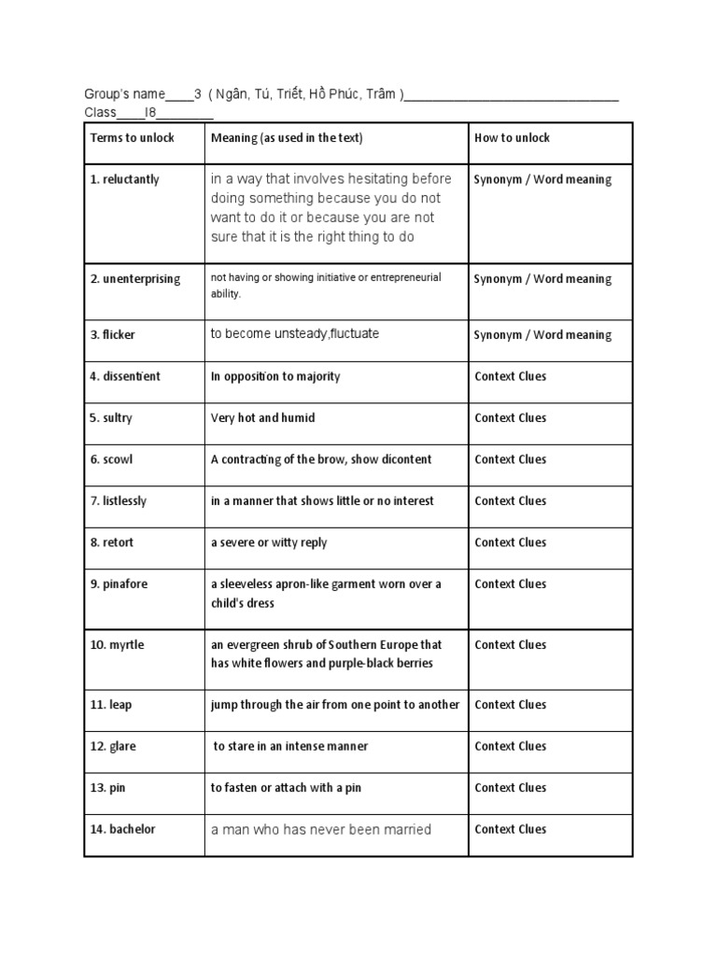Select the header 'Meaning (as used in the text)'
(x=287, y=138)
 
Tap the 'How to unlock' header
(x=512, y=138)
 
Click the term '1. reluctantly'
(x=124, y=179)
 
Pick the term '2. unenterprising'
(x=135, y=279)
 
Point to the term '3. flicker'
(x=113, y=335)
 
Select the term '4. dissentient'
(x=125, y=376)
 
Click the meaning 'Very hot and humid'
(x=262, y=418)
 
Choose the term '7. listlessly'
(x=119, y=501)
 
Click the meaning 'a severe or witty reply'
(x=269, y=542)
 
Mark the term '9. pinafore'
(x=119, y=584)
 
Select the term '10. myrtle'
(x=117, y=645)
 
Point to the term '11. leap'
(x=111, y=705)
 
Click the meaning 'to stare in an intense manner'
(x=290, y=747)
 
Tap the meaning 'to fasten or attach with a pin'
(x=286, y=788)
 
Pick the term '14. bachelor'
(x=122, y=830)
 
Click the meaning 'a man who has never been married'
(x=321, y=830)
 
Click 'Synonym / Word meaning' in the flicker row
(x=542, y=335)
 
